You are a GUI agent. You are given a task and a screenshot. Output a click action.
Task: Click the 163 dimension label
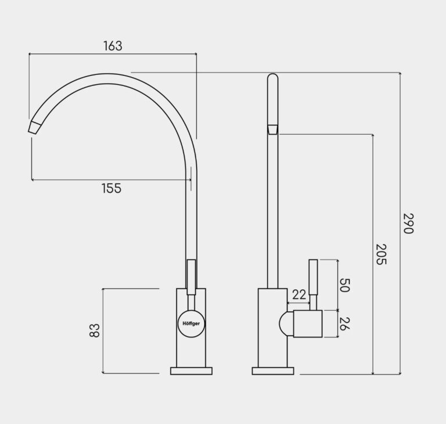click(x=113, y=46)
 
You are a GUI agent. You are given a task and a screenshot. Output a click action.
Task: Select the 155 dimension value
click(x=111, y=188)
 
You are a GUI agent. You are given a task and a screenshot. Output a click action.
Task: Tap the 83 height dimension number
click(x=95, y=330)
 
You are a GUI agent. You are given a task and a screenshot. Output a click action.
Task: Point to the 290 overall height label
click(x=408, y=223)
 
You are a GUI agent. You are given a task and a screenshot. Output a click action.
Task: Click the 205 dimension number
click(x=381, y=254)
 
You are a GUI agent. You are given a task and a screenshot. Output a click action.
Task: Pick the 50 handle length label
click(x=344, y=285)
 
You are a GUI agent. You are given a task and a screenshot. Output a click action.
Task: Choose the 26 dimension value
click(x=344, y=324)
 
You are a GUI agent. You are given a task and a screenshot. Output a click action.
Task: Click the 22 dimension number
click(x=299, y=295)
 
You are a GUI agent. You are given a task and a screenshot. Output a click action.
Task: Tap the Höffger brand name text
click(x=191, y=324)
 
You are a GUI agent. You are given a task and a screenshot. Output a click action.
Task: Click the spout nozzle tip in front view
click(x=34, y=127)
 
